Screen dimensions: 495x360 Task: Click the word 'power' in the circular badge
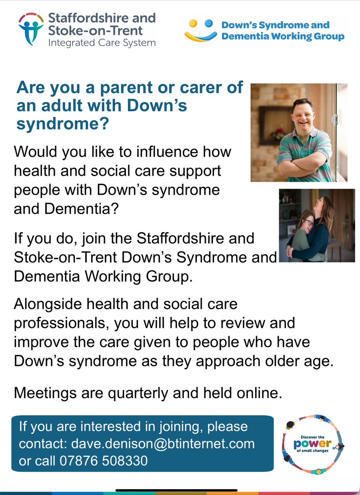pyautogui.click(x=312, y=444)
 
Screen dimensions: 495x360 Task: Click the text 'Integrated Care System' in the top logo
pyautogui.click(x=102, y=42)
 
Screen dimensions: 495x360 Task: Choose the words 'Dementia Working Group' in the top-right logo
pyautogui.click(x=282, y=36)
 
